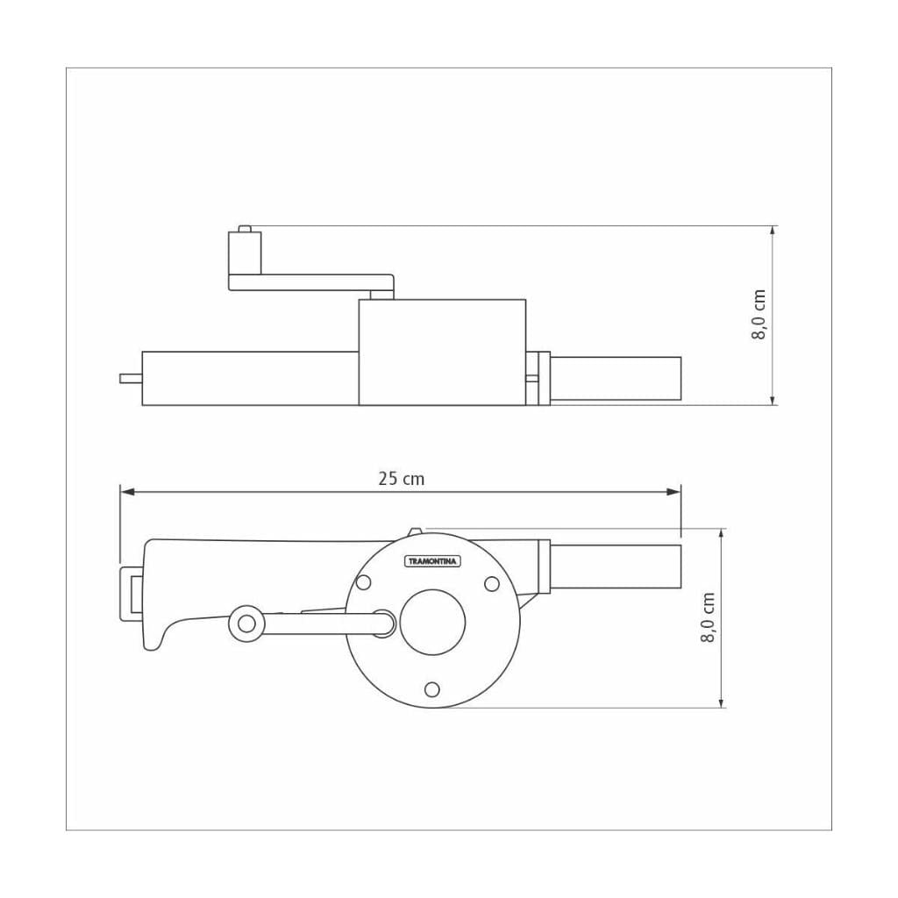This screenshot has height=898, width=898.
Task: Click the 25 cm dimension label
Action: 402,479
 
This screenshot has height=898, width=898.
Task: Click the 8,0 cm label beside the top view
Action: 759,315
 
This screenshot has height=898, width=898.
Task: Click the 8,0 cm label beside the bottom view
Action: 708,617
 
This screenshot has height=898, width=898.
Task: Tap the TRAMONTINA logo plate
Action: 433,561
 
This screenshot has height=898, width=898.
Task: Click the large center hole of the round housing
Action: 433,622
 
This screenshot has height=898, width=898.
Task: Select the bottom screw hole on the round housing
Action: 432,689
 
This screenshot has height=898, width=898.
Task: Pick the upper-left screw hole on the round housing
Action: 363,583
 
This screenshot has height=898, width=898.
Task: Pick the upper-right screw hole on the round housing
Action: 492,583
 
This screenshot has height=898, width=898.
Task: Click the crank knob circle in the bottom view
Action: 246,624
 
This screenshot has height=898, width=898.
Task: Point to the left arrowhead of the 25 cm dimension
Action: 127,491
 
